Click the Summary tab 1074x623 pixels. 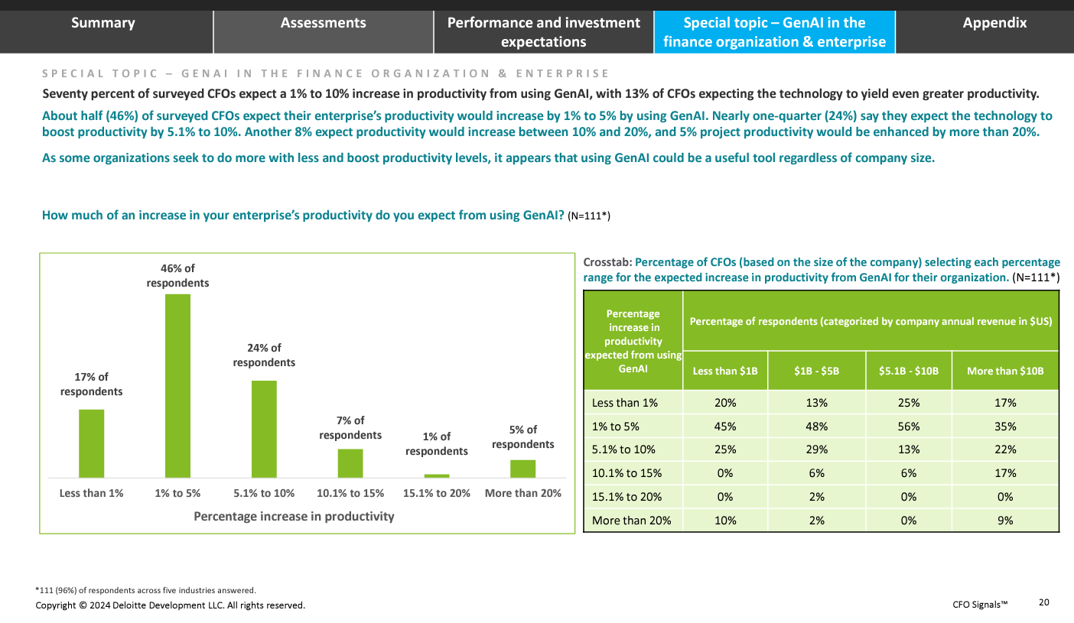pyautogui.click(x=103, y=24)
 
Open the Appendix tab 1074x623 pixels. pyautogui.click(x=994, y=24)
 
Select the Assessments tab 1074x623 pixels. pyautogui.click(x=323, y=24)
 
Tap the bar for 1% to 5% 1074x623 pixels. pyautogui.click(x=177, y=386)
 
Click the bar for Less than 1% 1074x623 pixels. pyautogui.click(x=91, y=443)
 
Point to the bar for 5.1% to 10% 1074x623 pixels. pyautogui.click(x=264, y=429)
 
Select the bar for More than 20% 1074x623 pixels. pyautogui.click(x=522, y=469)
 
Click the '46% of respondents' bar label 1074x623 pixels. pyautogui.click(x=177, y=275)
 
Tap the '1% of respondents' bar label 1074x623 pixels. pyautogui.click(x=436, y=443)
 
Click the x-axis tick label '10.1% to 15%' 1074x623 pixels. pyautogui.click(x=350, y=493)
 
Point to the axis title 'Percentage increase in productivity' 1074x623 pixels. pyautogui.click(x=294, y=516)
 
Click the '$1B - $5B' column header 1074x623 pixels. pyautogui.click(x=816, y=371)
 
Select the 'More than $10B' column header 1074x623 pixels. pyautogui.click(x=1005, y=371)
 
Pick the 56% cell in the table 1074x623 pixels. pyautogui.click(x=909, y=427)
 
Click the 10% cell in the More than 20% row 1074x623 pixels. pyautogui.click(x=724, y=521)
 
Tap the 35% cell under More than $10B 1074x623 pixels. pyautogui.click(x=1005, y=427)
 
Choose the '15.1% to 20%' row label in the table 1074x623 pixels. pyautogui.click(x=626, y=497)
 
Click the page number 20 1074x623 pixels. pyautogui.click(x=1043, y=602)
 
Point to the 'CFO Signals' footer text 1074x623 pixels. pyautogui.click(x=980, y=605)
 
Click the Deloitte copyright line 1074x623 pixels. pyautogui.click(x=170, y=605)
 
